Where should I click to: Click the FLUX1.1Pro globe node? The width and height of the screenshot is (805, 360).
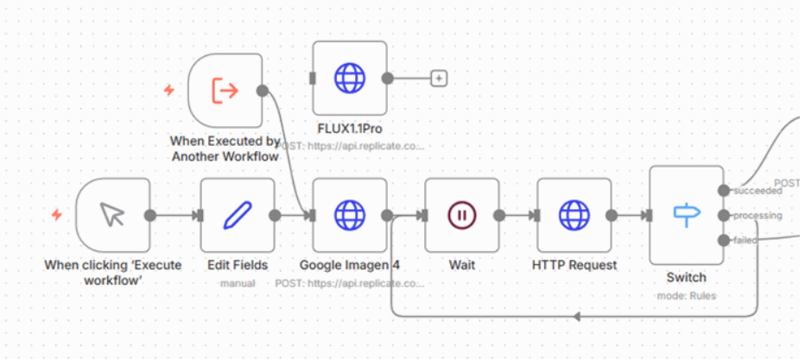pos(350,78)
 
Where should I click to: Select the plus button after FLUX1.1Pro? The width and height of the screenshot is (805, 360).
pos(439,79)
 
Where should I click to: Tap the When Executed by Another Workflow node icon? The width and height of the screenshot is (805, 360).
pos(225,90)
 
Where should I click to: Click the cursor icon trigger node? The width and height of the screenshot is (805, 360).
pos(112,215)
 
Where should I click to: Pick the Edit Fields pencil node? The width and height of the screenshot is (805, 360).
pos(238,215)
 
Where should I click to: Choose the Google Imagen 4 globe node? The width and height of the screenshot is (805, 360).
pos(350,215)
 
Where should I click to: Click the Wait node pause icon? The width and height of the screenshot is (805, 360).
pos(462,215)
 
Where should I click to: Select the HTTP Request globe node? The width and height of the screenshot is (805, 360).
pos(574,215)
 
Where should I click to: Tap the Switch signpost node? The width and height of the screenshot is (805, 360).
pos(686,215)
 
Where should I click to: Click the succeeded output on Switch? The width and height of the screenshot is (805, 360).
pos(723,190)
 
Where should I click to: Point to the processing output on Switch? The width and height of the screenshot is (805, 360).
pos(723,215)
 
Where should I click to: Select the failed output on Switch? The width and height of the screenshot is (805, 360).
pos(723,240)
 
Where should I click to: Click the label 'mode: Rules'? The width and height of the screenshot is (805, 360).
pos(686,295)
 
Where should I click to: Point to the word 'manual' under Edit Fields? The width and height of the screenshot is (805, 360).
pos(238,282)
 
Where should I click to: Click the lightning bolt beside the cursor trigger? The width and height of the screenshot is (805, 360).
pos(56,215)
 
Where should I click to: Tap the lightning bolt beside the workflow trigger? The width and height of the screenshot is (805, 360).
pos(169,90)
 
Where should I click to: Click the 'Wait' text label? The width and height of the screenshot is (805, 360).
pos(462,265)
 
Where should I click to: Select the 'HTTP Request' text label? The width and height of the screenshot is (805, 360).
pos(574,265)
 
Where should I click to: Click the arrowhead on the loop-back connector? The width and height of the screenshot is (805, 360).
pos(577,316)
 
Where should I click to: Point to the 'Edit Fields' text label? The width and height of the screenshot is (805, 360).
pos(238,265)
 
